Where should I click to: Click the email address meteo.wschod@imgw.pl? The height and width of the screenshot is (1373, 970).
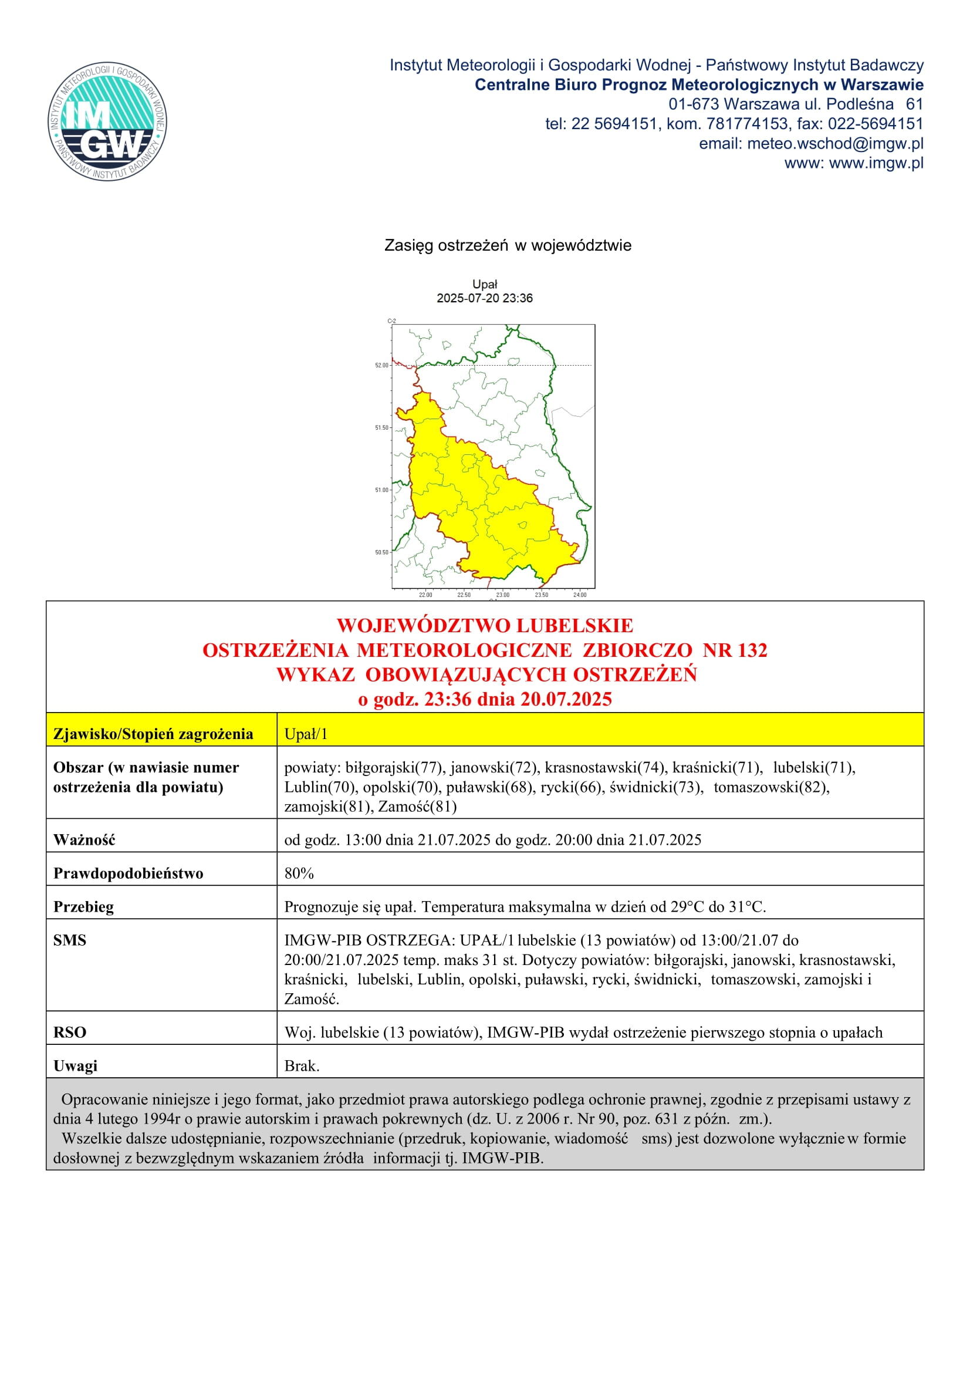(835, 143)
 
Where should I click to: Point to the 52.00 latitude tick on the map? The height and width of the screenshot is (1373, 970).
(382, 365)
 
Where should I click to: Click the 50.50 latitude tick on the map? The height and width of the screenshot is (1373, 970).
(382, 552)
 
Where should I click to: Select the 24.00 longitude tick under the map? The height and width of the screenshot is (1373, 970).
(580, 595)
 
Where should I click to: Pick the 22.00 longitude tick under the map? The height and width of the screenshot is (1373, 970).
(425, 595)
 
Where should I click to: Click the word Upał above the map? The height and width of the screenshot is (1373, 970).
(485, 284)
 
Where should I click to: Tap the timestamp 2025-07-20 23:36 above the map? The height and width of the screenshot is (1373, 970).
(485, 298)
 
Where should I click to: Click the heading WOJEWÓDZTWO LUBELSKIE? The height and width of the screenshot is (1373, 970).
(485, 626)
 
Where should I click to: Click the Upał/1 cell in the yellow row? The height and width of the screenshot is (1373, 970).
(306, 734)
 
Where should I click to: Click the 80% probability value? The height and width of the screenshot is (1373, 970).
(299, 873)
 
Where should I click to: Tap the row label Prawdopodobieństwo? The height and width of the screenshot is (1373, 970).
(128, 873)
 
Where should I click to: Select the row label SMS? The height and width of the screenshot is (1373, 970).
(69, 940)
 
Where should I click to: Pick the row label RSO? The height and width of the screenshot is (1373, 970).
(69, 1032)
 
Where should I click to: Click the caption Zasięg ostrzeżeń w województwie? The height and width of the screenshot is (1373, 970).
(508, 246)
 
